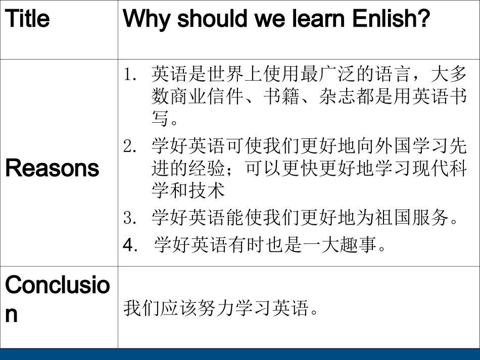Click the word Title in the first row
(27, 19)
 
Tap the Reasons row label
(52, 168)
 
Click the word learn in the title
(314, 19)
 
